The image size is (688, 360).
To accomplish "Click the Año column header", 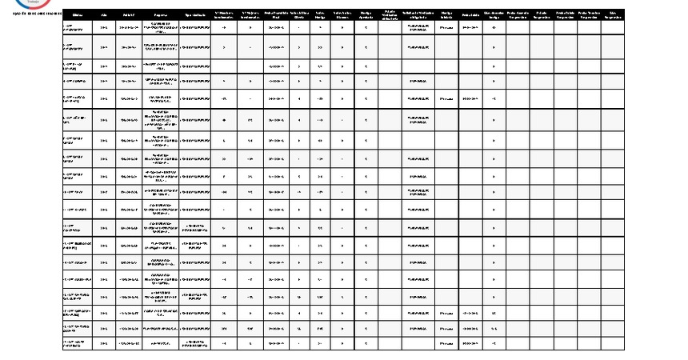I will (x=104, y=15).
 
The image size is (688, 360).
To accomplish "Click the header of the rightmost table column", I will (x=612, y=15).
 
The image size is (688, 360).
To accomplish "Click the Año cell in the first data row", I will (x=104, y=27).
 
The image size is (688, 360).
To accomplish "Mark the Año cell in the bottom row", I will (x=104, y=342).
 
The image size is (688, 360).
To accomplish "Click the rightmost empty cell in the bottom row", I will (x=612, y=342).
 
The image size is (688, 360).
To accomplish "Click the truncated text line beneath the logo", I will (x=30, y=14).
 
